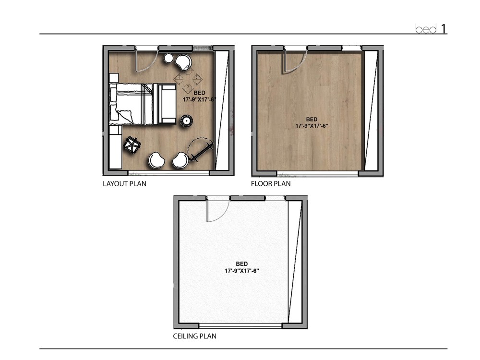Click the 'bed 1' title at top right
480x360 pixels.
[431, 29]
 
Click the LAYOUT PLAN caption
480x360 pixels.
[124, 183]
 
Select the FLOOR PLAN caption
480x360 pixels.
[270, 183]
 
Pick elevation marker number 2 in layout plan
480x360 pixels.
[196, 77]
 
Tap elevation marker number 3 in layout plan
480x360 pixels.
[188, 86]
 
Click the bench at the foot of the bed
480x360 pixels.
[167, 104]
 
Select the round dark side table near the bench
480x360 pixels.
[186, 120]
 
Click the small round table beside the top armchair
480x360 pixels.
[168, 59]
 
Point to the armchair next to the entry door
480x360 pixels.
[183, 61]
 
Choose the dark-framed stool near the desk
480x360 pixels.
[132, 144]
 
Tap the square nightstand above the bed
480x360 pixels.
[114, 78]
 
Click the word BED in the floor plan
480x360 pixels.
[312, 119]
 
